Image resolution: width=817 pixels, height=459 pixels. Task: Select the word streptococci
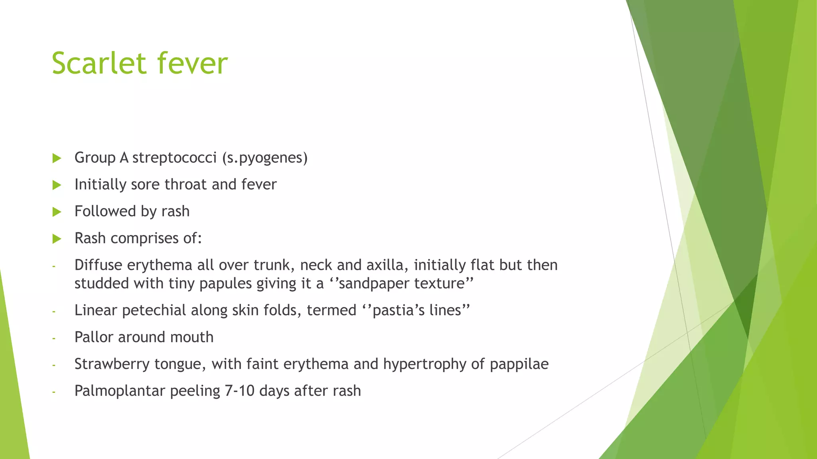174,158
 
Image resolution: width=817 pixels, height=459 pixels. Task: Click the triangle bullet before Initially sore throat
57,185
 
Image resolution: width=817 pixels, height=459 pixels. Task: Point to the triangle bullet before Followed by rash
57,212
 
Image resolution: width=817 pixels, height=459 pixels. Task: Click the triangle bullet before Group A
57,158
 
